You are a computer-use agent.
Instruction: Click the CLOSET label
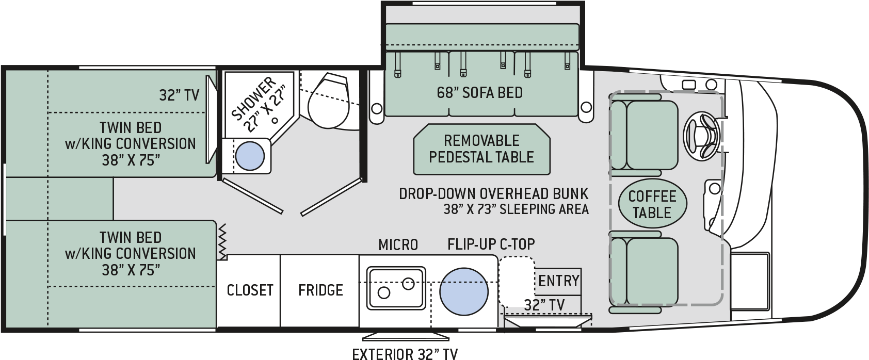[x=250, y=290]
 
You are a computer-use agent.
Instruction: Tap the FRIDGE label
[x=320, y=290]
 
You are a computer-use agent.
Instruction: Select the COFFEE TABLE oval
[x=652, y=204]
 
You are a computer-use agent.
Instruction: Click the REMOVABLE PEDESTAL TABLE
[x=481, y=149]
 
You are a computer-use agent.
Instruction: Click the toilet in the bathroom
[x=328, y=101]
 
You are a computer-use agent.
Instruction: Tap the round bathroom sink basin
[x=250, y=156]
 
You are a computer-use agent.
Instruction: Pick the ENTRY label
[x=558, y=281]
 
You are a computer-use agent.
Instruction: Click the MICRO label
[x=398, y=244]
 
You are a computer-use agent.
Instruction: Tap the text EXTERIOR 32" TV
[x=405, y=354]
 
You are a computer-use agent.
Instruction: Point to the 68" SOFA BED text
[x=479, y=93]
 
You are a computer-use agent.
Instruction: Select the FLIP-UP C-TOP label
[x=491, y=244]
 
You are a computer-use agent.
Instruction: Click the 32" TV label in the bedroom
[x=179, y=95]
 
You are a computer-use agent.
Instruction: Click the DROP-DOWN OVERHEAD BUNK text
[x=493, y=194]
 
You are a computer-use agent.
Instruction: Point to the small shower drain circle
[x=276, y=122]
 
